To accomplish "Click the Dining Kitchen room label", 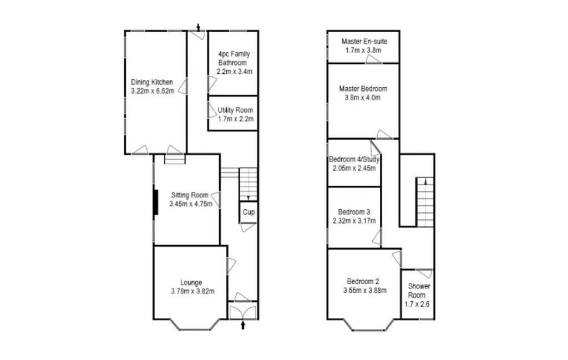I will [x=152, y=82].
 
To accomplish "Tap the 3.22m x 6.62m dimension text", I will [x=152, y=90].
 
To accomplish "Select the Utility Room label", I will [x=235, y=110].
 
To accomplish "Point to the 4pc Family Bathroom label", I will [x=234, y=58].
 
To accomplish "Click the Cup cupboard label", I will [x=248, y=212].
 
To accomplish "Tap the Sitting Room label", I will [x=190, y=195].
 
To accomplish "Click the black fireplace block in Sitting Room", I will [x=156, y=201].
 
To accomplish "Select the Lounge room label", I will [x=191, y=282].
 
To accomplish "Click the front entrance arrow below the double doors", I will [x=242, y=326].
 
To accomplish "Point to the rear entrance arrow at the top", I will [x=199, y=27].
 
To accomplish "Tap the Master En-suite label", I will [x=364, y=42].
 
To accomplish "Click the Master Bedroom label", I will [x=363, y=89].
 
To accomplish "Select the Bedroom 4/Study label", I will [x=354, y=160].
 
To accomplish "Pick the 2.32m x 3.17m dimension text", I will [x=354, y=221].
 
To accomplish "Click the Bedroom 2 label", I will [x=363, y=281].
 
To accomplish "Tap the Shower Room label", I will [x=419, y=286].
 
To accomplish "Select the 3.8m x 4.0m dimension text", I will [x=363, y=98].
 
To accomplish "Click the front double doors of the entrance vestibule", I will [x=242, y=311].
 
